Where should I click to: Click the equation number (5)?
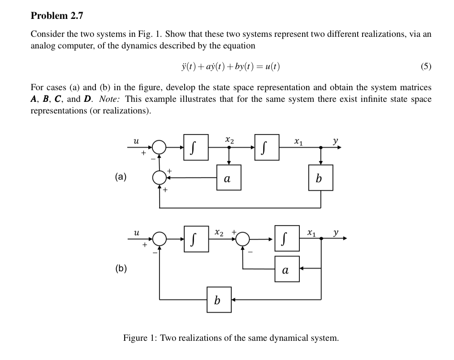(426, 67)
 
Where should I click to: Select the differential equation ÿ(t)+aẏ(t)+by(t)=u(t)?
(229, 67)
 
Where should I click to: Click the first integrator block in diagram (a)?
(196, 147)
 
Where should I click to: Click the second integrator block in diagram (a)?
(267, 147)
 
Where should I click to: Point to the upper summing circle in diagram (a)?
(159, 147)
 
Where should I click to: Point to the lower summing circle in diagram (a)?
(159, 178)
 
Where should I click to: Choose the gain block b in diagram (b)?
(219, 299)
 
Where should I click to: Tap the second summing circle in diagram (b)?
(243, 239)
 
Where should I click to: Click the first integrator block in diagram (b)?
(196, 239)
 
